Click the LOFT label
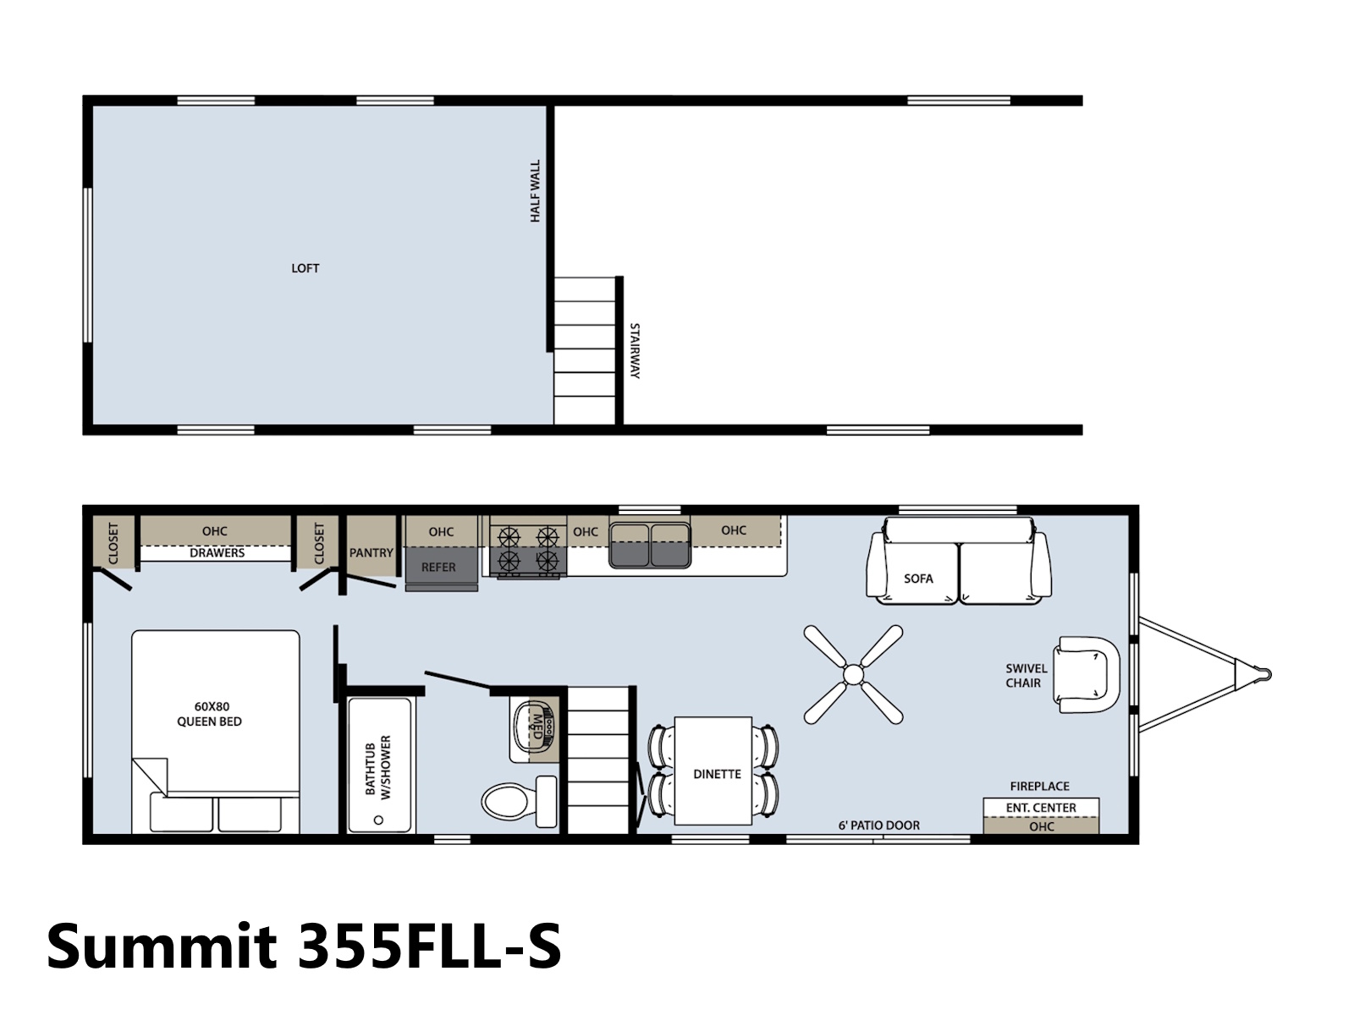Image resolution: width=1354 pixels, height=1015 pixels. (305, 268)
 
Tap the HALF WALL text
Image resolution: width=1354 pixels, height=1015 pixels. (535, 191)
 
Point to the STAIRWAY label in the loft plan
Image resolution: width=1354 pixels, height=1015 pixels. (635, 351)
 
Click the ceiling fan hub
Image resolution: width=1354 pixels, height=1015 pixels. (853, 675)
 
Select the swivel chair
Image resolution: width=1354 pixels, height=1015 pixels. (1086, 675)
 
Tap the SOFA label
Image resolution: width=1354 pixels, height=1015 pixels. (918, 579)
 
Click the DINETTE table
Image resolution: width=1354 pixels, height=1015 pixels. (713, 771)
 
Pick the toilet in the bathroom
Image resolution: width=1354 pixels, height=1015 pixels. (520, 802)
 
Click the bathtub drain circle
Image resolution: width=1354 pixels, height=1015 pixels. (379, 820)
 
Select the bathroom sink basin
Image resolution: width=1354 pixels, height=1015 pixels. (534, 727)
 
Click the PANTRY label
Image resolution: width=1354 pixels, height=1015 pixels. (371, 553)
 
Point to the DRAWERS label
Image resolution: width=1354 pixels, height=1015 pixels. (217, 553)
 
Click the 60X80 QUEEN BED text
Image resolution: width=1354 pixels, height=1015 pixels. (209, 714)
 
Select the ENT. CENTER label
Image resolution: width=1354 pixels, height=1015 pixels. (1041, 807)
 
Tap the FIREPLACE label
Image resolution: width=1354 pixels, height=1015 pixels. (1039, 787)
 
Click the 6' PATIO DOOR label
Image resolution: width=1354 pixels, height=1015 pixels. (878, 826)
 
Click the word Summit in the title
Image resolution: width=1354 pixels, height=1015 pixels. (162, 946)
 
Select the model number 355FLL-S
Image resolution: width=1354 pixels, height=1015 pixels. (429, 946)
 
